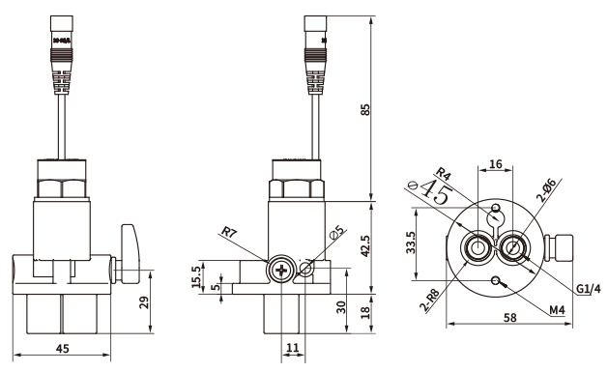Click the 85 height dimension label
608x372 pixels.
[365, 109]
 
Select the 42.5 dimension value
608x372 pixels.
[365, 246]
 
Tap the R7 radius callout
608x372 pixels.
[228, 232]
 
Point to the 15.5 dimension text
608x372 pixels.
[196, 276]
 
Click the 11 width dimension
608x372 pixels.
[293, 348]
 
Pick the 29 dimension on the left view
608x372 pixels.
[144, 302]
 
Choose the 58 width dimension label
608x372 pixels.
[510, 318]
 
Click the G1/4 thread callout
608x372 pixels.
[588, 289]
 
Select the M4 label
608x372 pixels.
[557, 309]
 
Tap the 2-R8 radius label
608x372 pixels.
[429, 300]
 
